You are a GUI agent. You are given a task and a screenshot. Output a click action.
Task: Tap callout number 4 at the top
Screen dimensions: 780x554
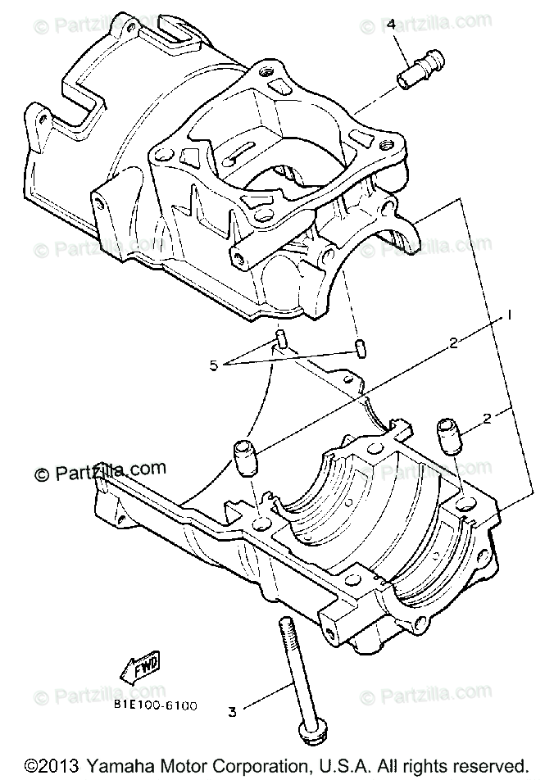tap(392, 25)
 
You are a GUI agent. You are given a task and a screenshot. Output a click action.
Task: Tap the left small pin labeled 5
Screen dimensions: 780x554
tap(280, 338)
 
